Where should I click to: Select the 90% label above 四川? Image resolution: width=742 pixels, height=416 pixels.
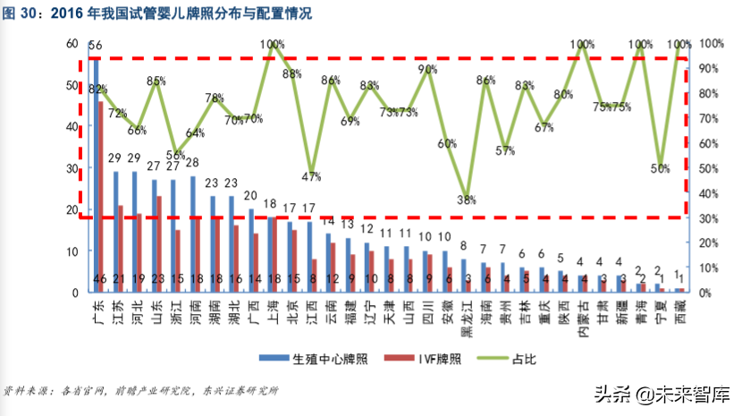point(427,69)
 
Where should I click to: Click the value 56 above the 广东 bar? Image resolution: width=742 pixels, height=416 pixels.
point(96,45)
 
